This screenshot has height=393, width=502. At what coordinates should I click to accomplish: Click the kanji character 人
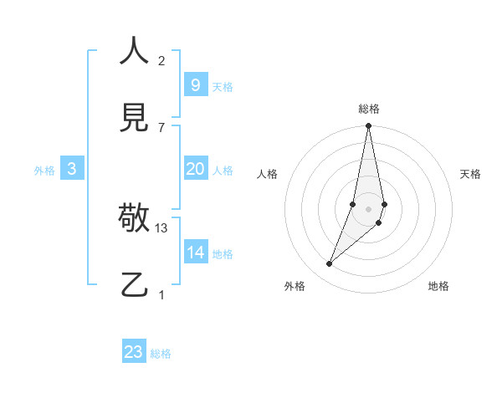tap(134, 51)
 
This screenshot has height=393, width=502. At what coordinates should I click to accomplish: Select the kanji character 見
tap(134, 119)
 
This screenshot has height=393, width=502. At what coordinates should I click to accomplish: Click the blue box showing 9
tap(195, 84)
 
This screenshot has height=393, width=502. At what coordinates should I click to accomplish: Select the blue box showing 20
tap(195, 169)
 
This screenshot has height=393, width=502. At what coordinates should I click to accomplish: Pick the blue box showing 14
tap(195, 253)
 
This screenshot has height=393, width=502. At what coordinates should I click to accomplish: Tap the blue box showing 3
tap(72, 169)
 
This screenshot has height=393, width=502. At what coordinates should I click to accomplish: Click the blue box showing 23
tap(134, 352)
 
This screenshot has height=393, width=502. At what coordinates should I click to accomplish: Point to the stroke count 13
tap(161, 227)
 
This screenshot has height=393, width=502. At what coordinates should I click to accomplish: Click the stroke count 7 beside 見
tap(161, 127)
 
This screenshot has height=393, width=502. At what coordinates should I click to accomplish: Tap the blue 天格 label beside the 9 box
tap(223, 87)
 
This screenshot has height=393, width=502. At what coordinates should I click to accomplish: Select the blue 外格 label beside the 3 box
tap(44, 171)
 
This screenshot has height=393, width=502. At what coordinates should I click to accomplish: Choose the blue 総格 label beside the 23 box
tap(161, 354)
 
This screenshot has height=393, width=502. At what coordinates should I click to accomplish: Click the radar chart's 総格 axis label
tap(369, 109)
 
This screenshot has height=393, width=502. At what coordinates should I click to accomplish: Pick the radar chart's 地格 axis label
tap(438, 286)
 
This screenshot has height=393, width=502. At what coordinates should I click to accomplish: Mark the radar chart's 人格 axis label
tap(268, 174)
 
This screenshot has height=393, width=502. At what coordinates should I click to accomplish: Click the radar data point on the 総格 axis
tap(368, 126)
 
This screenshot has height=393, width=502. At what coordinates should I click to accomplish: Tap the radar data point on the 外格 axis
tap(330, 264)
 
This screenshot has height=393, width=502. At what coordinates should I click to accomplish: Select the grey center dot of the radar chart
tap(368, 208)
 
